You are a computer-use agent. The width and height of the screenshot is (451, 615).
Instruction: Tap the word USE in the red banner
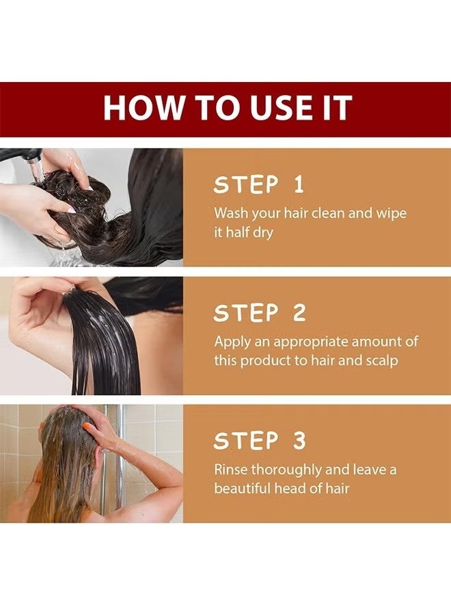click(267, 109)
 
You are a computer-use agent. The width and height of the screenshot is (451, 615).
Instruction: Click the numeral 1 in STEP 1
click(299, 184)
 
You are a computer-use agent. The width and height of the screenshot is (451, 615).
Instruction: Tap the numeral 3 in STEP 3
click(298, 441)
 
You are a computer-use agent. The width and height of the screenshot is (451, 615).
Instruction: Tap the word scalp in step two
click(382, 360)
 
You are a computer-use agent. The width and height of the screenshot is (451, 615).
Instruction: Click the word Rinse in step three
click(231, 470)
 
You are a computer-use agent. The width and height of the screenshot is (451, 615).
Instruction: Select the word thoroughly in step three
click(286, 470)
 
